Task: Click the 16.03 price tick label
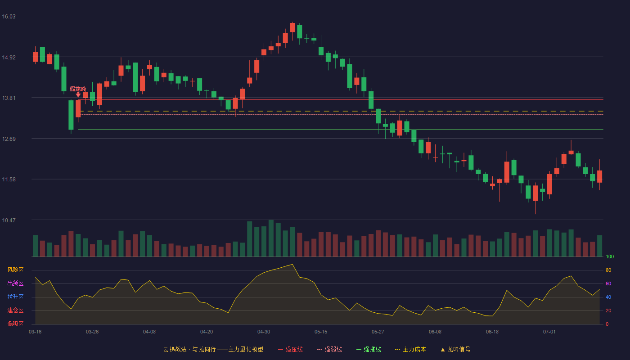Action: [x=9, y=17]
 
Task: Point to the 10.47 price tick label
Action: [x=9, y=220]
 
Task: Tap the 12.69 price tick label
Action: [x=9, y=139]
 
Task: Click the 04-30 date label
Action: [x=264, y=332]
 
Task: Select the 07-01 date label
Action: [x=549, y=332]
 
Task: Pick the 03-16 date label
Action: [x=35, y=332]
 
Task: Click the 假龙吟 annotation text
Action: [x=78, y=89]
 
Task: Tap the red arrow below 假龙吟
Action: [x=78, y=94]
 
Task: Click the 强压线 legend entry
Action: [x=290, y=349]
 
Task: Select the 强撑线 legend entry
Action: [x=369, y=349]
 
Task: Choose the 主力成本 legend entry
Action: [x=410, y=349]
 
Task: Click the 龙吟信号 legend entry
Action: [x=455, y=349]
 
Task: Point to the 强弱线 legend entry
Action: [x=329, y=349]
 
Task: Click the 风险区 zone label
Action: [x=15, y=270]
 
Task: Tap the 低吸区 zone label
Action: [x=15, y=324]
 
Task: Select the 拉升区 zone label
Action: [x=15, y=297]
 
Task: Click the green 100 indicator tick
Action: [x=610, y=256]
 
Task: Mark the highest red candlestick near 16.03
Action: [x=292, y=27]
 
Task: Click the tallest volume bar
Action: [x=271, y=238]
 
